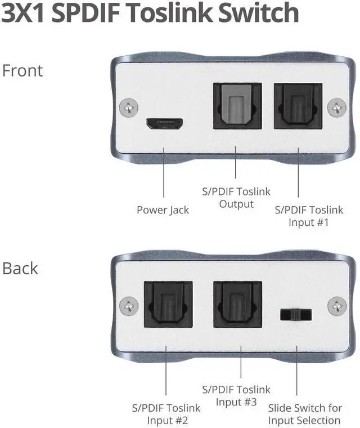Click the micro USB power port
point(164,123)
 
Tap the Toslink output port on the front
point(237,107)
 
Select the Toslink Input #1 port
point(298,107)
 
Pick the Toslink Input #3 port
point(237,304)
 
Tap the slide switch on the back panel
point(296,314)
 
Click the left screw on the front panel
point(130,106)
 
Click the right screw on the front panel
point(337,106)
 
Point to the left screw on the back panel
point(130,305)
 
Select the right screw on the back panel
point(337,305)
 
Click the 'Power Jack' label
point(163,210)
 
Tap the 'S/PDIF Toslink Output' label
point(236,197)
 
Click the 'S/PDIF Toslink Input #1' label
point(308,216)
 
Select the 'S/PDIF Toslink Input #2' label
point(166,414)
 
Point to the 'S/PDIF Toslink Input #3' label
point(236,395)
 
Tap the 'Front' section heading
point(22,71)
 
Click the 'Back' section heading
point(20,268)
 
